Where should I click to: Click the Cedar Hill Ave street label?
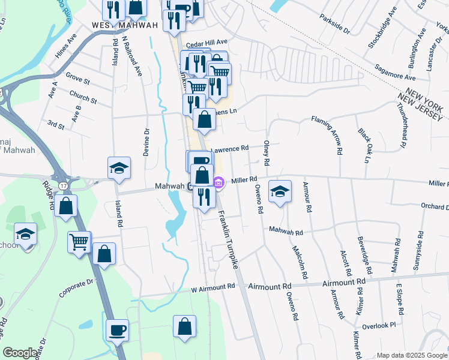tap(206, 43)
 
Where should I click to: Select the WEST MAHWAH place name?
tap(125, 25)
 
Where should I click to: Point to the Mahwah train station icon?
tap(190, 186)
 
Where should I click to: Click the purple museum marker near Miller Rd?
tap(219, 181)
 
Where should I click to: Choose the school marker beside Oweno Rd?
tap(279, 191)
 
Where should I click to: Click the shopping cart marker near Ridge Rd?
tap(79, 242)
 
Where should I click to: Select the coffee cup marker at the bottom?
tap(117, 329)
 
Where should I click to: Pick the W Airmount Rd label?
tap(211, 289)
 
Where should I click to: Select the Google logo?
tap(20, 353)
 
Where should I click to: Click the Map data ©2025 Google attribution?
tap(411, 355)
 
